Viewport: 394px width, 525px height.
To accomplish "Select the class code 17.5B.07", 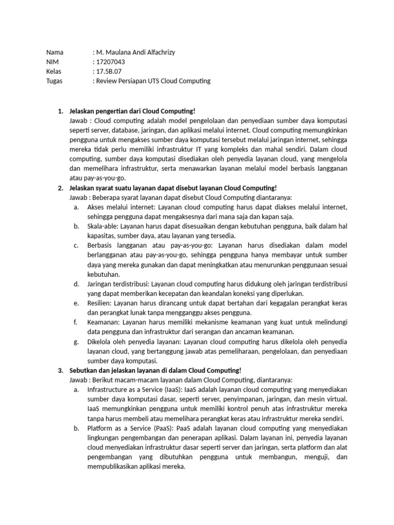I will [109, 71].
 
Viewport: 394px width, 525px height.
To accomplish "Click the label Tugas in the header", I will [54, 81].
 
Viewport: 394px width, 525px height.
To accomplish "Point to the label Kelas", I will [54, 71].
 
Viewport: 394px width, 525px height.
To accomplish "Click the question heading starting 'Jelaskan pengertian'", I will [132, 111].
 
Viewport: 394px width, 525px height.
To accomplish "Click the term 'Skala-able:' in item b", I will [103, 226].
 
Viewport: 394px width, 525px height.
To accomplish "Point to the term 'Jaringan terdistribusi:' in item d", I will [117, 284].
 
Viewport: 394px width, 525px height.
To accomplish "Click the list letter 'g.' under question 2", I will [76, 341].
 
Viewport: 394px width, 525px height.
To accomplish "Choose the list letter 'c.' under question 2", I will [76, 246].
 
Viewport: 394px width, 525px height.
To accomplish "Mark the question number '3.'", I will [60, 371].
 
